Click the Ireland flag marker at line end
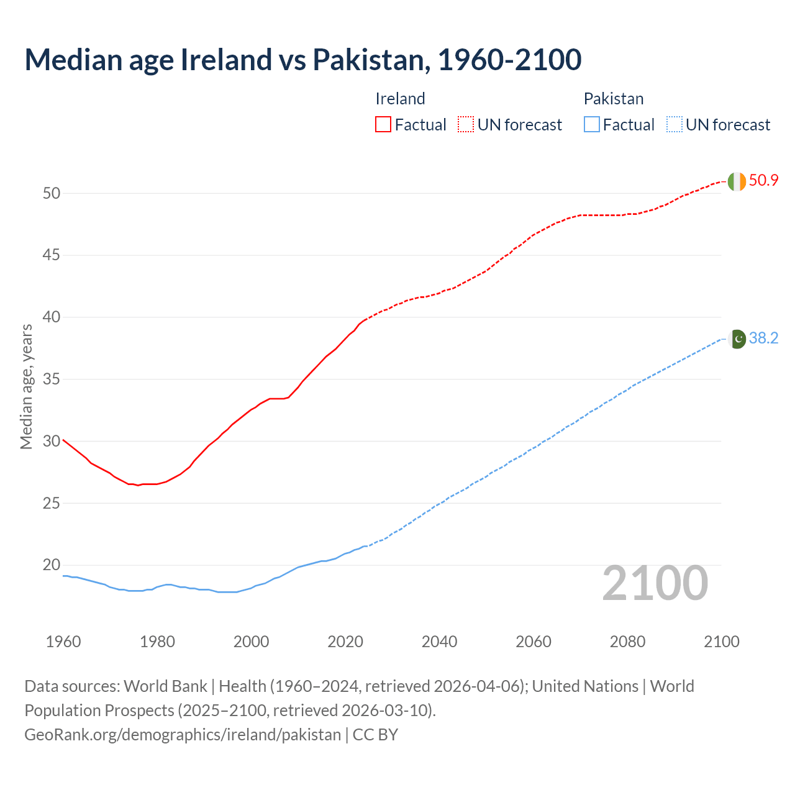tap(737, 181)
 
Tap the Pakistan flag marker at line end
tap(737, 339)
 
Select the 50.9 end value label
tap(763, 181)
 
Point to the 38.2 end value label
tap(763, 338)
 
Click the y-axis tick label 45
tap(52, 255)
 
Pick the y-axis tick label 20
tap(52, 565)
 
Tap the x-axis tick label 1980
tap(157, 642)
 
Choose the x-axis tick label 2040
tap(439, 642)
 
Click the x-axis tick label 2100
tap(721, 642)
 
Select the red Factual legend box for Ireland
tap(383, 125)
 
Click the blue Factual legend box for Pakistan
tap(592, 125)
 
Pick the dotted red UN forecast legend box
tap(466, 125)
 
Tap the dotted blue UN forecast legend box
tap(674, 125)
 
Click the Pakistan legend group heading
tap(613, 99)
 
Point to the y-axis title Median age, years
tap(26, 386)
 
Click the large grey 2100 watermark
tap(655, 583)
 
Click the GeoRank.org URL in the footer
tap(183, 735)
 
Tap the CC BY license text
tap(375, 735)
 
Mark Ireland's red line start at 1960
tap(63, 440)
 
